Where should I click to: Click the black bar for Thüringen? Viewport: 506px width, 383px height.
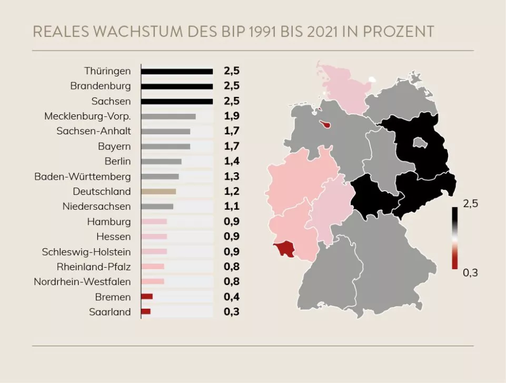pyautogui.click(x=177, y=71)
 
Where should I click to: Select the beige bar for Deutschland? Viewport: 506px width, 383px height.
pyautogui.click(x=158, y=191)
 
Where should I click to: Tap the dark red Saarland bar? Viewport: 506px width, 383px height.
pyautogui.click(x=146, y=312)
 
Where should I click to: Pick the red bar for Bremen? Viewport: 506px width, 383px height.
pyautogui.click(x=147, y=297)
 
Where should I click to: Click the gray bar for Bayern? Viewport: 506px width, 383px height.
pyautogui.click(x=165, y=146)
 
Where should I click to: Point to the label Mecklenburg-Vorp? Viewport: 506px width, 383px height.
pyautogui.click(x=87, y=116)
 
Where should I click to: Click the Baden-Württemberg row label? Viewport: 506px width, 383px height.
pyautogui.click(x=83, y=176)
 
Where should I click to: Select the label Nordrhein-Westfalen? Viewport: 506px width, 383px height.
pyautogui.click(x=82, y=281)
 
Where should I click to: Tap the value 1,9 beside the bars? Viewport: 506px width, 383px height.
pyautogui.click(x=232, y=116)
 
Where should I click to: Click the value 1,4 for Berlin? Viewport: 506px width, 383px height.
pyautogui.click(x=232, y=161)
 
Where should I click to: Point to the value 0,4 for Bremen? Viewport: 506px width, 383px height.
pyautogui.click(x=232, y=297)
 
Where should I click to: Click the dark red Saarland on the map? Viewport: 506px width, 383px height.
pyautogui.click(x=285, y=249)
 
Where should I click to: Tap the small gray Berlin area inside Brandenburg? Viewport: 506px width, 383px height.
pyautogui.click(x=420, y=142)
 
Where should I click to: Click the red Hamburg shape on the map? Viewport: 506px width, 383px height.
pyautogui.click(x=328, y=125)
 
